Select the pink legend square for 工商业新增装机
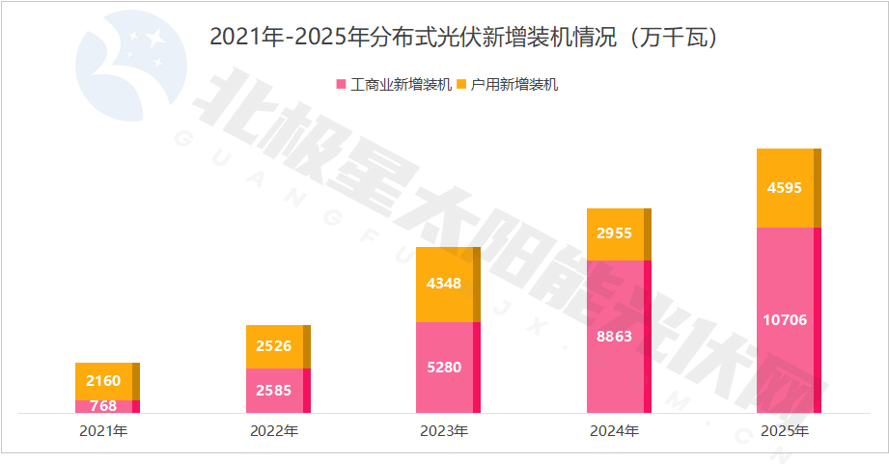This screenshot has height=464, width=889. point(340,85)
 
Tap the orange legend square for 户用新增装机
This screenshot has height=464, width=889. point(461,85)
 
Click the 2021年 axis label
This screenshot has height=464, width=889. point(103,431)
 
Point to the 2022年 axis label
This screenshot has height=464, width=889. point(274,431)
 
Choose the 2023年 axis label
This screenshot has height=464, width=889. point(444,431)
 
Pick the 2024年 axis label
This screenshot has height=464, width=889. point(615,431)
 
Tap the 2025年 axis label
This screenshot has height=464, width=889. point(785,431)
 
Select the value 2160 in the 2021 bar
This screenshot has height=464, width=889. point(103,381)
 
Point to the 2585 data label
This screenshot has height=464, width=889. point(274,391)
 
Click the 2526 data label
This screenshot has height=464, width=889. point(274,346)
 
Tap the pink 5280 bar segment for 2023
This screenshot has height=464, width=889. point(444,368)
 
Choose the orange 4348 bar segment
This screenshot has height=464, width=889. point(444,285)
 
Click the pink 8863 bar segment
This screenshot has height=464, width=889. point(615,337)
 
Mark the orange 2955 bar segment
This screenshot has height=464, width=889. point(615,234)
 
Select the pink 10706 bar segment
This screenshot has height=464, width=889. point(785,320)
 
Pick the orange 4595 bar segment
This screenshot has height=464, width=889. point(785,188)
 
